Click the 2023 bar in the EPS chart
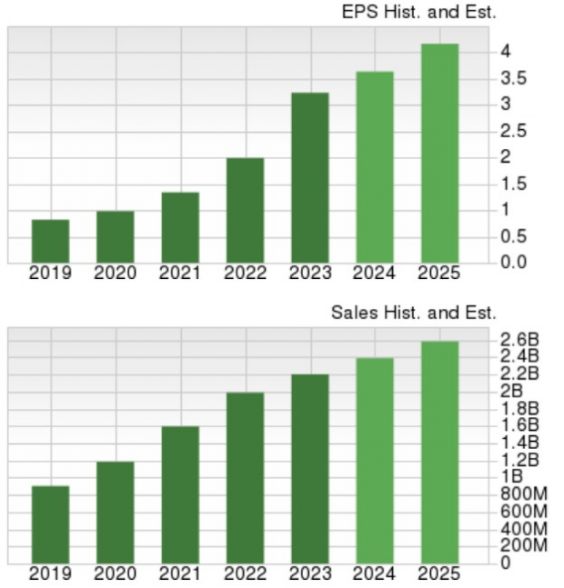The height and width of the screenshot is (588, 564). [310, 178]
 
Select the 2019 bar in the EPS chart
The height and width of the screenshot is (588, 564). [50, 241]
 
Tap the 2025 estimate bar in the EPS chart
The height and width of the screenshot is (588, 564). [440, 154]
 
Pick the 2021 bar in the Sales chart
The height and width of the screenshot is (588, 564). [180, 494]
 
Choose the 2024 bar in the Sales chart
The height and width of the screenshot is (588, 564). [375, 460]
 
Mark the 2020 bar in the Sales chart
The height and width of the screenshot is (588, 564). [116, 512]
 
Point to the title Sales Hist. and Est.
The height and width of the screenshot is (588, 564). [414, 313]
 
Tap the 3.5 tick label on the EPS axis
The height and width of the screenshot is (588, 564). [514, 78]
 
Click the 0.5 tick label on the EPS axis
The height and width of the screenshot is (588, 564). [514, 237]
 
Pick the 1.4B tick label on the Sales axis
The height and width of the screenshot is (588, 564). [519, 443]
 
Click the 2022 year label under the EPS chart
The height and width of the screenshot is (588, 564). [245, 273]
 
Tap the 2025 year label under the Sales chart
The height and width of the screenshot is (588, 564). [439, 573]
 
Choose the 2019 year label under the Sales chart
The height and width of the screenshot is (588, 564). [50, 573]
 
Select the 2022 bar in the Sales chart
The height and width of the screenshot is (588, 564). [245, 477]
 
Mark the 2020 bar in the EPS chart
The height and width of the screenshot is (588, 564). [116, 236]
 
